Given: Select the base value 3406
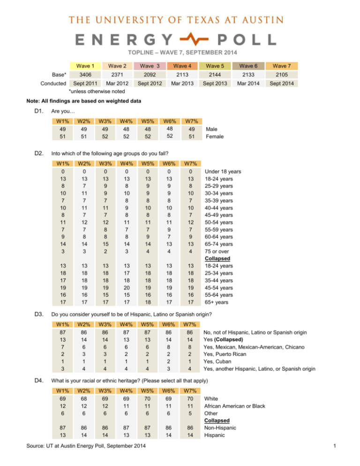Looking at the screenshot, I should [x=82, y=75].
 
